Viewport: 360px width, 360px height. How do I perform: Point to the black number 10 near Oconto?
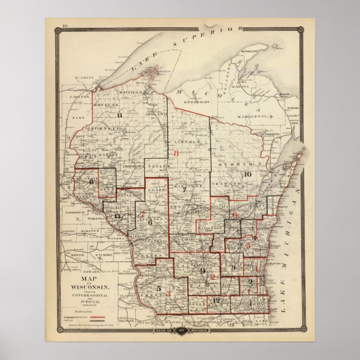[248, 174]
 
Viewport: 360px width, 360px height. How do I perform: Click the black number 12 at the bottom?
[217, 301]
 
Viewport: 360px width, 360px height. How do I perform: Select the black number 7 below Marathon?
[183, 190]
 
